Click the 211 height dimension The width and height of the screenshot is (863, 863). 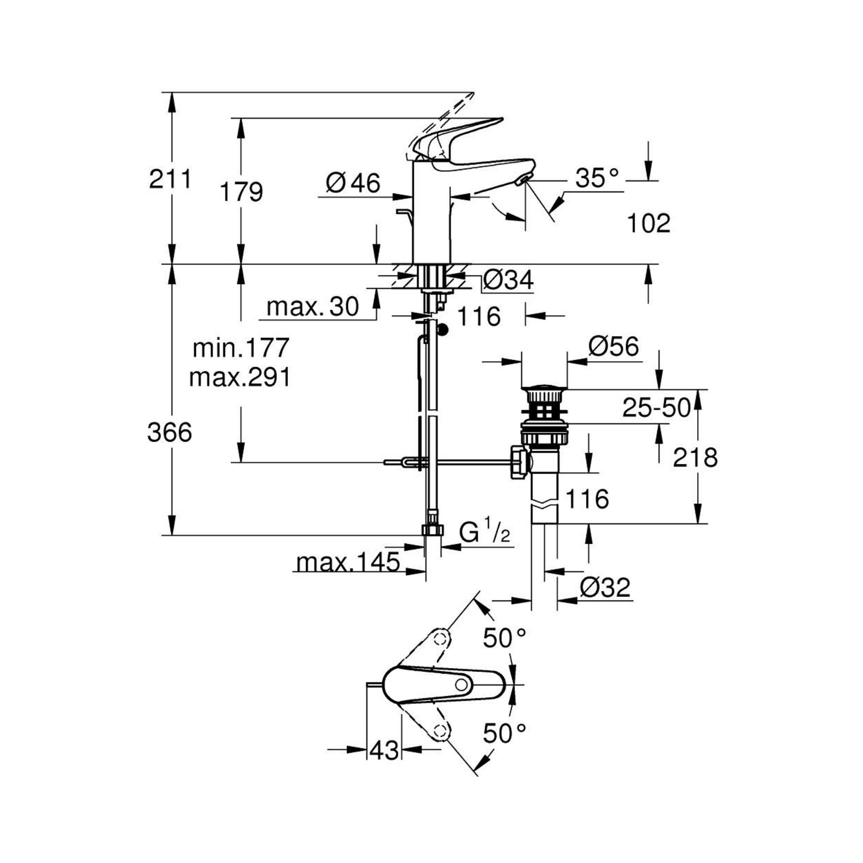click(170, 180)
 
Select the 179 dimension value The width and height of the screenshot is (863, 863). click(241, 192)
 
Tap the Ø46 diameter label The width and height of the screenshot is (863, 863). click(353, 183)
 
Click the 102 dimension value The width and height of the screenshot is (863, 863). click(649, 224)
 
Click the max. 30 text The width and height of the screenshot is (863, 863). click(313, 307)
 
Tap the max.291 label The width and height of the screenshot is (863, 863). click(240, 377)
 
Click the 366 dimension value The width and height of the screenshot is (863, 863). click(170, 432)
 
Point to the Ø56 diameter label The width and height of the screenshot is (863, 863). click(614, 347)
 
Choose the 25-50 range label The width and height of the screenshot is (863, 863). click(656, 408)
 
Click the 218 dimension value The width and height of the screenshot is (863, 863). click(695, 457)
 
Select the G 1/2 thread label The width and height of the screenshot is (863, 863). click(484, 533)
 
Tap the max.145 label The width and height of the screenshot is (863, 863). click(348, 562)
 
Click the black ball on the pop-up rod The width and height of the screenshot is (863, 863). click(443, 330)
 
